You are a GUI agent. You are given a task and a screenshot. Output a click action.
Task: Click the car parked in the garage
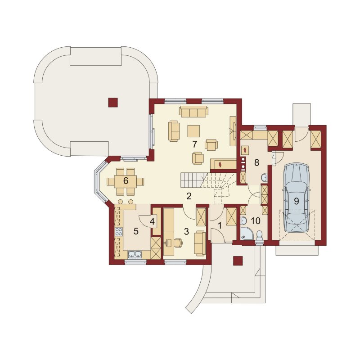[297, 198]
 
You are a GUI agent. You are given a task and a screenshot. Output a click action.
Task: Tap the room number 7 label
[195, 144]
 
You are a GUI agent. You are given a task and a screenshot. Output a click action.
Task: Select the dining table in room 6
[126, 181]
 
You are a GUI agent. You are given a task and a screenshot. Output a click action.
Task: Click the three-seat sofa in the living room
[193, 111]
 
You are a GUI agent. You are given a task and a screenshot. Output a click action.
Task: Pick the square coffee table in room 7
[193, 131]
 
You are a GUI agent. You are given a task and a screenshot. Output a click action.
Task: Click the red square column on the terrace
[113, 103]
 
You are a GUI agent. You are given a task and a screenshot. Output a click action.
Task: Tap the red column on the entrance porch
[238, 261]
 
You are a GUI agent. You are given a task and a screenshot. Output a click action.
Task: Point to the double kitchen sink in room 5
[135, 254]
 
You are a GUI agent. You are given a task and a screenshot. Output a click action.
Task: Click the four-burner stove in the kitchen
[118, 232]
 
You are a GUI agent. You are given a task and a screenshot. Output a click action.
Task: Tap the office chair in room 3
[178, 243]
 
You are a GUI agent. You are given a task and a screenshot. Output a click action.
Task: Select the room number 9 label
[297, 201]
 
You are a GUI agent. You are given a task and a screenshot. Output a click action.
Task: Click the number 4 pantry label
[152, 222]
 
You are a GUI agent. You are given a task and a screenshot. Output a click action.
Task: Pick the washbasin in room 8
[265, 177]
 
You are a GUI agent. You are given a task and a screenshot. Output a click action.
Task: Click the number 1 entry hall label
[220, 226]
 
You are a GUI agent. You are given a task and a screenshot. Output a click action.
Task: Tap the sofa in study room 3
[200, 243]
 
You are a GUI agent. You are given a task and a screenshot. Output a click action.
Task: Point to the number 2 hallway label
[189, 196]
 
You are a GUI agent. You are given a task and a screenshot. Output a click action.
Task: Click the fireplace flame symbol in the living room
[220, 164]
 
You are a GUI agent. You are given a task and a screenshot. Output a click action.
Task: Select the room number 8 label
[256, 162]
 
